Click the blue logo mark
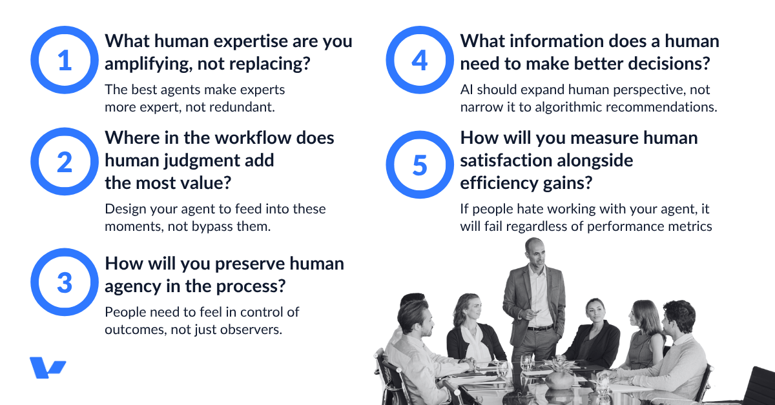[x=47, y=368]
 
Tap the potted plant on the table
[x=559, y=374]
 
